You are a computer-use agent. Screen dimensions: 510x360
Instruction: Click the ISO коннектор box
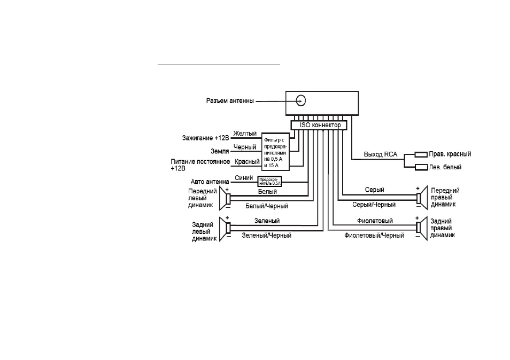tap(319, 125)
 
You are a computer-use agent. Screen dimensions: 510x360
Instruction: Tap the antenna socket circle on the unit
tap(301, 101)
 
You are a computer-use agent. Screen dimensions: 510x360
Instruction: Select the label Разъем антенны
tap(230, 101)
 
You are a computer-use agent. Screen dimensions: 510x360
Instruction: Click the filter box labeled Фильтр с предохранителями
tap(275, 152)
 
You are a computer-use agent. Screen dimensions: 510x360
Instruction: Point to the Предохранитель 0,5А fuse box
tap(269, 181)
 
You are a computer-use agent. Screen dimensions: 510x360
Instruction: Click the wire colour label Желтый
tap(245, 134)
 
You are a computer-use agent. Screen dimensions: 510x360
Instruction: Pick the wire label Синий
tap(244, 178)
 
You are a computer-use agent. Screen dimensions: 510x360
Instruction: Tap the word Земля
tap(220, 151)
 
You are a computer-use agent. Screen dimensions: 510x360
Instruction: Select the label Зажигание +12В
tap(206, 138)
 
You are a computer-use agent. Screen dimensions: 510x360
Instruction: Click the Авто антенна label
tap(210, 182)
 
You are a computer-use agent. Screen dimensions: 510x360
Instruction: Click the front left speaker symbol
tap(225, 198)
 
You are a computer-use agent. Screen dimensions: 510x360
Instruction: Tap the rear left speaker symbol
tap(225, 229)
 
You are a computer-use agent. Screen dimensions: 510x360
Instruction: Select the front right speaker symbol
tap(422, 197)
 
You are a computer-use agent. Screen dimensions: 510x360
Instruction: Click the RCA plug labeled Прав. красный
tap(421, 155)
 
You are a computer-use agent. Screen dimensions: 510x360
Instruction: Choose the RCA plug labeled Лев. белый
tap(421, 167)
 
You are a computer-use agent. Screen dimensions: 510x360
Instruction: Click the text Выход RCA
tap(381, 154)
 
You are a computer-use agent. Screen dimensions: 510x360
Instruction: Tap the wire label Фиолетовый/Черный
tap(374, 235)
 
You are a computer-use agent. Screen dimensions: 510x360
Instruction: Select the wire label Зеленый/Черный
tap(266, 235)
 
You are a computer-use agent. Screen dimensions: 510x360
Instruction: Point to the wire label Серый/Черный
tap(374, 205)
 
